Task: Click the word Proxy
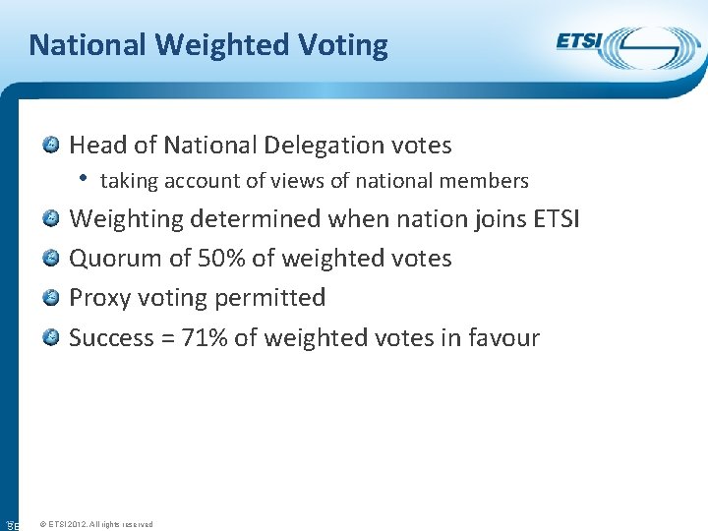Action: (96, 298)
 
